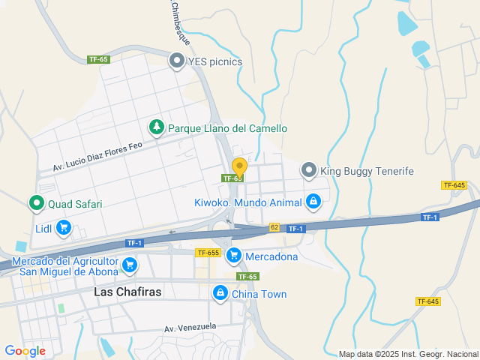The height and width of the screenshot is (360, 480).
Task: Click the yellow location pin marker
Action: pos(239,167)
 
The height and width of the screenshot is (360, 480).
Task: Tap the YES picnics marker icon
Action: pos(177,61)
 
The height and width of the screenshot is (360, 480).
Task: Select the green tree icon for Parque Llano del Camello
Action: pos(157,128)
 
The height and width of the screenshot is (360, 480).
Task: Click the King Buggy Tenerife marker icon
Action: pos(309,171)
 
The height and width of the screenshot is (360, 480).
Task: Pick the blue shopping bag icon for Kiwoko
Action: pos(313,202)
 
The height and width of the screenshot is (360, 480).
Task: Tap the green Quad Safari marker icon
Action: pos(36,203)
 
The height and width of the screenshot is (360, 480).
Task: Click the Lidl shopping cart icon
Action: pos(63,227)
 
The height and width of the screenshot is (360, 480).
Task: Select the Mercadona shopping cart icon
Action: pos(234,256)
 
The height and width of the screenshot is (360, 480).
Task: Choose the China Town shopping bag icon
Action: pos(220,293)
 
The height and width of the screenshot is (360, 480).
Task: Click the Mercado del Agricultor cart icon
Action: pos(130,264)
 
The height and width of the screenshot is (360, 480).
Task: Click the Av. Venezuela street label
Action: pos(190,328)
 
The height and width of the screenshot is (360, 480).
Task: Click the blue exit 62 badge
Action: pos(274,227)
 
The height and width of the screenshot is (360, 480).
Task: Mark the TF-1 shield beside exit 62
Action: pos(295,229)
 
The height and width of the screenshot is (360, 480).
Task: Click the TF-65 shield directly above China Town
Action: pos(247,277)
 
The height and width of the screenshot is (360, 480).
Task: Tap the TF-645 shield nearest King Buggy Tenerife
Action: pos(454,185)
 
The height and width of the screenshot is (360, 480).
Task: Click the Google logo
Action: pos(25,350)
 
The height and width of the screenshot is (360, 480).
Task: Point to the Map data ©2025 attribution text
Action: pos(407,354)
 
